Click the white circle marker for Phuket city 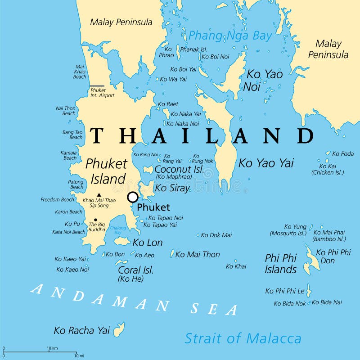(133, 197)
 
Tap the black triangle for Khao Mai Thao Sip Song (99, 195)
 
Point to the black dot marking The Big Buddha (95, 220)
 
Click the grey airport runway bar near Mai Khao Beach (97, 86)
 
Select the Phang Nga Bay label (230, 36)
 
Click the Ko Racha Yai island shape (119, 330)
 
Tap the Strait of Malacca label (243, 338)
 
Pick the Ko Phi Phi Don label (333, 256)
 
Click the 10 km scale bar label (52, 348)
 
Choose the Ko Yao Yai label (266, 163)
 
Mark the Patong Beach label (76, 184)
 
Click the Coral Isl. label (135, 270)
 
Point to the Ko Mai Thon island (172, 254)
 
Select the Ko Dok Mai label (216, 235)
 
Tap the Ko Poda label (343, 153)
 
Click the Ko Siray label (172, 189)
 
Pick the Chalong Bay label (117, 230)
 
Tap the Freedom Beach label (57, 199)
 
